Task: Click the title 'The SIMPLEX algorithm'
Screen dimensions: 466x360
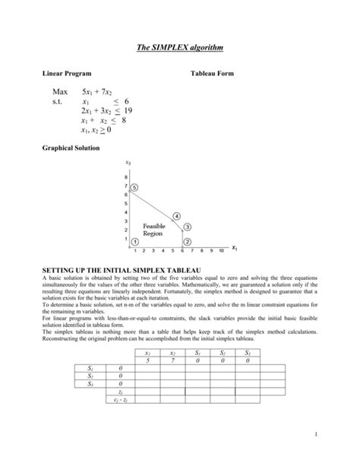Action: (180, 48)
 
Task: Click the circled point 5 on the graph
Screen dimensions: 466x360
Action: (134, 187)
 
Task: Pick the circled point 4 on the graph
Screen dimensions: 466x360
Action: (176, 216)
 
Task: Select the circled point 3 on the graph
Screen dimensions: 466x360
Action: (187, 227)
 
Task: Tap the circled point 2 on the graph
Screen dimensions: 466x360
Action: (187, 241)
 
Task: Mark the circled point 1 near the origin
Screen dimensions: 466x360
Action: (134, 241)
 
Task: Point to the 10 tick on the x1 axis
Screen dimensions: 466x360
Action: (220, 250)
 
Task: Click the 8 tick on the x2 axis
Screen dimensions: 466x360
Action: (126, 178)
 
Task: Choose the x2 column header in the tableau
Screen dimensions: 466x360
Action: (172, 353)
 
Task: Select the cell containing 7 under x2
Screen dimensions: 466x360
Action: (172, 361)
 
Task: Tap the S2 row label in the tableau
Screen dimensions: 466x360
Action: (90, 376)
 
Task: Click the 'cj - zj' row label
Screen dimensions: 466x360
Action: (120, 399)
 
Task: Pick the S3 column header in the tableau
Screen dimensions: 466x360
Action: (247, 353)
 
